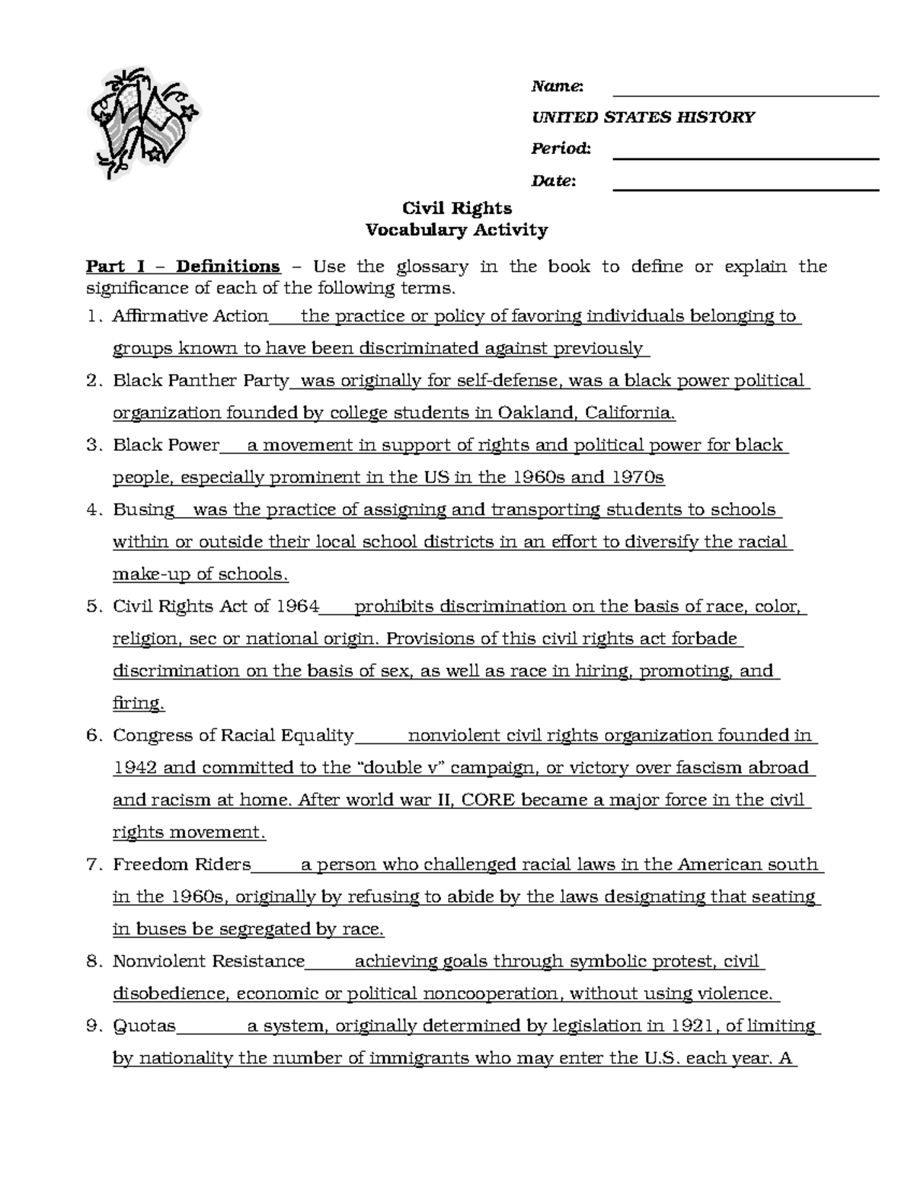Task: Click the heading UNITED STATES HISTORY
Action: pyautogui.click(x=643, y=117)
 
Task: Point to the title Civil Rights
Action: pyautogui.click(x=456, y=209)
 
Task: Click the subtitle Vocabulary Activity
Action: pyautogui.click(x=456, y=230)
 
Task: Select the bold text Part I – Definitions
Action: pyautogui.click(x=183, y=267)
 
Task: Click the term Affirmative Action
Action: pyautogui.click(x=190, y=316)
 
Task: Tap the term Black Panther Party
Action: pyautogui.click(x=201, y=381)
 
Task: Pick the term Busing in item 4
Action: pyautogui.click(x=143, y=510)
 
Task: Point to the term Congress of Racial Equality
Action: pyautogui.click(x=233, y=736)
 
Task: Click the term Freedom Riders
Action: pyautogui.click(x=181, y=865)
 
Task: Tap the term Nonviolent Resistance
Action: pyautogui.click(x=209, y=961)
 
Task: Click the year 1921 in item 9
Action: pyautogui.click(x=694, y=1026)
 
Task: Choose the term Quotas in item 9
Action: pyautogui.click(x=144, y=1026)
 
